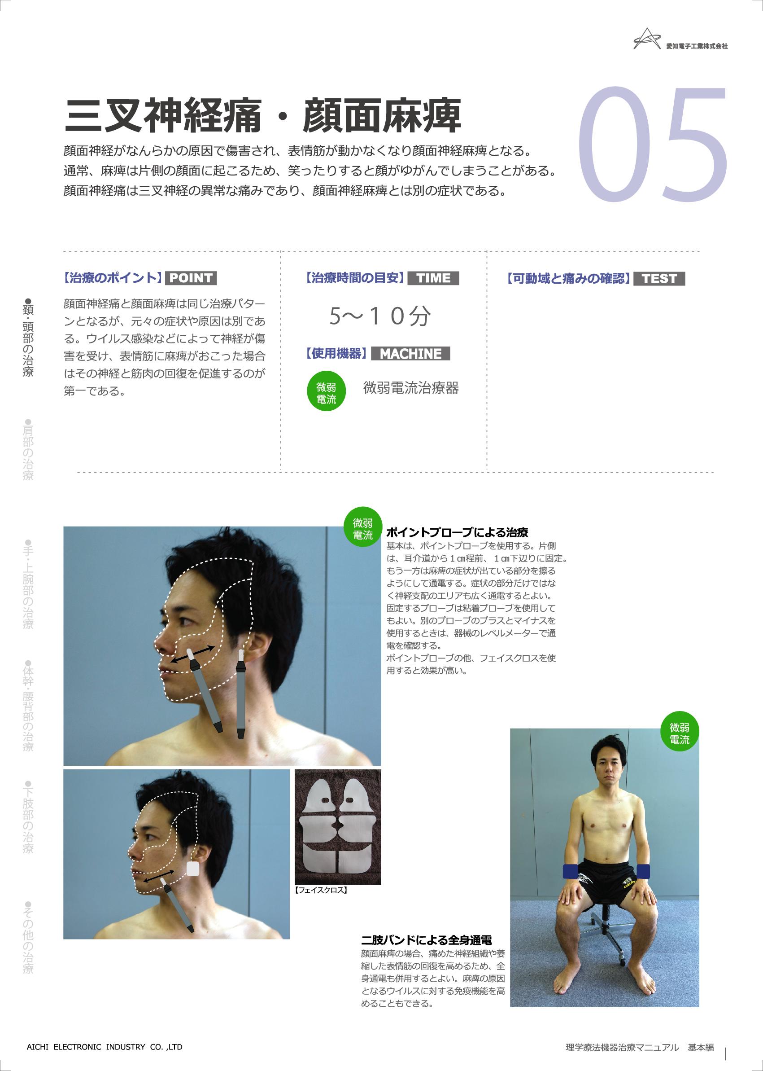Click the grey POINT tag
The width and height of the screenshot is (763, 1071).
[x=191, y=278]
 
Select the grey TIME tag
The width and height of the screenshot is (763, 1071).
[x=433, y=278]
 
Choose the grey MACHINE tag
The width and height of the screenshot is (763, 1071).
[x=410, y=354]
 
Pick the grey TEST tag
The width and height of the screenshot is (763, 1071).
[x=659, y=278]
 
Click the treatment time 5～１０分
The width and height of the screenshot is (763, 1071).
[x=379, y=316]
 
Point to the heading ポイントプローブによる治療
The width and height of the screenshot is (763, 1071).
[x=457, y=533]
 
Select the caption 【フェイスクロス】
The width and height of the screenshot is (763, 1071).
[x=321, y=890]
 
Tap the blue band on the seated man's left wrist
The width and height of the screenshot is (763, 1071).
[x=643, y=871]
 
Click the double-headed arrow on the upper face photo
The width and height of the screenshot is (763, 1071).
[x=192, y=654]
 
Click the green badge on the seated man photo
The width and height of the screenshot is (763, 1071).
[x=680, y=733]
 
